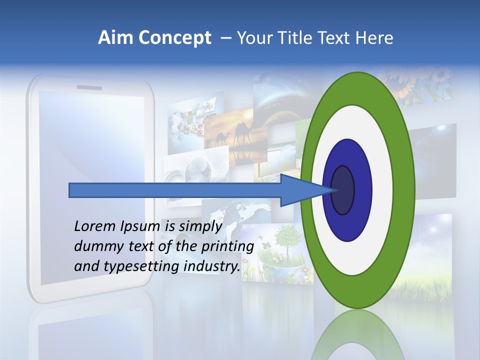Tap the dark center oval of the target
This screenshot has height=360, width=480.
click(343, 190)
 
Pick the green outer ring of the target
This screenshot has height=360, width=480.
click(405, 190)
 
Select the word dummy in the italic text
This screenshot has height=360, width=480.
click(95, 246)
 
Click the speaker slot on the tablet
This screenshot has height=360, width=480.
click(89, 88)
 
